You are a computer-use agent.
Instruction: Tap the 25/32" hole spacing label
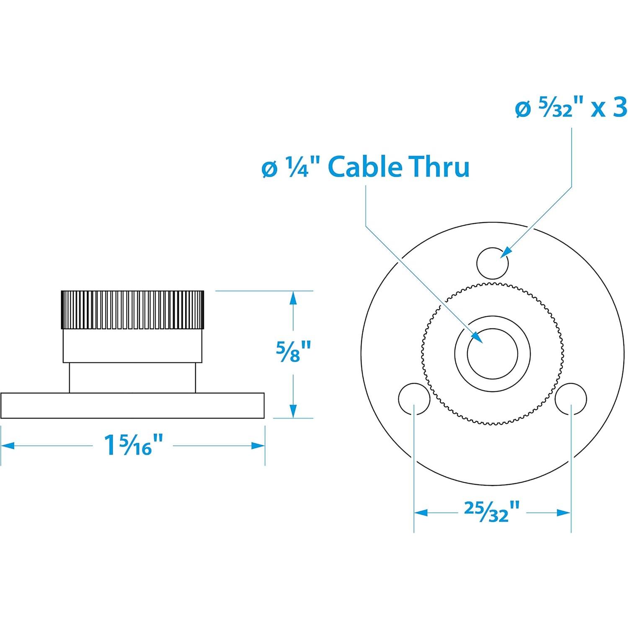pos(492,512)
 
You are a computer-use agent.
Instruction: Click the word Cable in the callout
pos(364,167)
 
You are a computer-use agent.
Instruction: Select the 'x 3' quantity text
pos(609,108)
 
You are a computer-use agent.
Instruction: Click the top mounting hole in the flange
pos(492,263)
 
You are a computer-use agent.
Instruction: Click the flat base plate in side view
pos(132,405)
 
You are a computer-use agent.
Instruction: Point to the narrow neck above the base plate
pos(132,377)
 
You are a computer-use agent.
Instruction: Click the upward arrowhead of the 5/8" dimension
pos(293,298)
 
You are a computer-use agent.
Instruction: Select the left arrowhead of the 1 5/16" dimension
pos(8,445)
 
